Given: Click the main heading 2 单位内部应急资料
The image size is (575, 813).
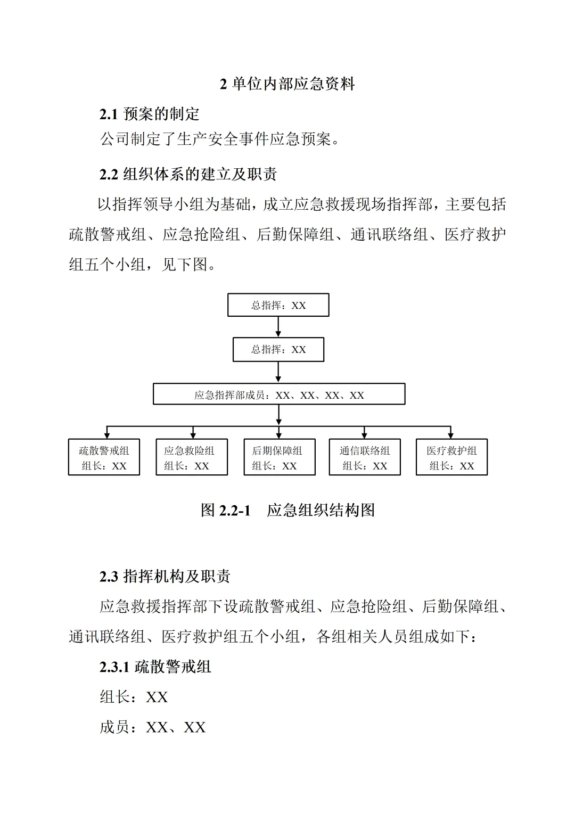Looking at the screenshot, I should click(287, 84).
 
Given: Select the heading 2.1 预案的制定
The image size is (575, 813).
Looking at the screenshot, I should click(150, 114).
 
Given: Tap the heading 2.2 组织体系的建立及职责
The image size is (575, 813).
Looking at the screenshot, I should click(188, 174).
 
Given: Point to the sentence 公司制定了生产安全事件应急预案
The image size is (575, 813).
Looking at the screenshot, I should click(219, 139).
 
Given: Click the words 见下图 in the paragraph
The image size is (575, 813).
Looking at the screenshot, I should click(184, 264).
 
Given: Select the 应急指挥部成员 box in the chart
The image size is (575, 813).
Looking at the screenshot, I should click(279, 395).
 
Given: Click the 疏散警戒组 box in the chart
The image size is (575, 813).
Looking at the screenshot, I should click(104, 457).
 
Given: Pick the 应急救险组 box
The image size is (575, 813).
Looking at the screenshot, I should click(192, 457).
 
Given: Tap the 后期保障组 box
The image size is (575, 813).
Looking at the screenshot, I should click(280, 457).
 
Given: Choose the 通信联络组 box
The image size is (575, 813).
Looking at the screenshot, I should click(365, 457).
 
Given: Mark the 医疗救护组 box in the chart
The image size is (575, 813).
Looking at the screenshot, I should click(451, 457).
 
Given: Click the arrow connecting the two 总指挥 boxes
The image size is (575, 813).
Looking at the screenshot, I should click(278, 327).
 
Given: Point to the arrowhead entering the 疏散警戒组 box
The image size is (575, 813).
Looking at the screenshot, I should click(107, 435).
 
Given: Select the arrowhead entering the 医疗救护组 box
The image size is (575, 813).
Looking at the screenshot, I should click(451, 435).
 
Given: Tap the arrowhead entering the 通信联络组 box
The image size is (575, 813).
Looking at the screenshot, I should click(364, 435).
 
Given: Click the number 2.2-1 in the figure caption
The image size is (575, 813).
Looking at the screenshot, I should click(234, 511).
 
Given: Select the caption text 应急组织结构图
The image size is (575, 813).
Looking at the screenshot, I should click(321, 511).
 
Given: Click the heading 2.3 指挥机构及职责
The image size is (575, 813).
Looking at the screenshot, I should click(165, 576).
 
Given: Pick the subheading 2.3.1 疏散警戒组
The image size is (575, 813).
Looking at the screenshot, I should click(155, 667).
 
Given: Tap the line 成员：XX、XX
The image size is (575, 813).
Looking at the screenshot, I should click(153, 727).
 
